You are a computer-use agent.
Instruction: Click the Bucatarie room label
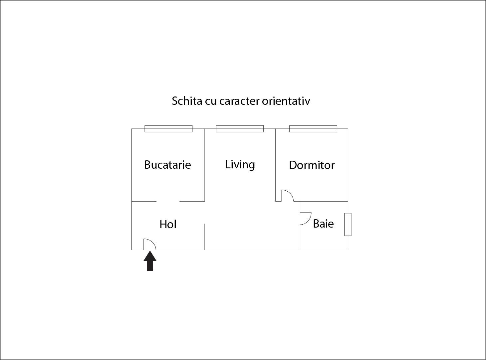pyautogui.click(x=168, y=165)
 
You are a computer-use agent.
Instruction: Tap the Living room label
pyautogui.click(x=240, y=165)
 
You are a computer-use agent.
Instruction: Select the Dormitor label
pyautogui.click(x=312, y=165)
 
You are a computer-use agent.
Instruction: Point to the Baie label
pyautogui.click(x=324, y=224)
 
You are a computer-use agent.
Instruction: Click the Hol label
pyautogui.click(x=168, y=224)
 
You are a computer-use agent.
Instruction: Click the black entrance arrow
pyautogui.click(x=150, y=261)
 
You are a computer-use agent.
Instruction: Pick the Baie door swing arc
pyautogui.click(x=308, y=221)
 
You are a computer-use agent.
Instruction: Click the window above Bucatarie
pyautogui.click(x=168, y=129)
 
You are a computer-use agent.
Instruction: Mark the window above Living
pyautogui.click(x=240, y=129)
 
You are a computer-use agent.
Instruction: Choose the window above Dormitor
pyautogui.click(x=313, y=129)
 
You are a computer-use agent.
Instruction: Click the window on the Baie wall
pyautogui.click(x=348, y=225)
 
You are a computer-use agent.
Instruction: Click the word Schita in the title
pyautogui.click(x=187, y=101)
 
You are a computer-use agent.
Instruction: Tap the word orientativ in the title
pyautogui.click(x=286, y=101)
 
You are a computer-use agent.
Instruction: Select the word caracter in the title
pyautogui.click(x=239, y=101)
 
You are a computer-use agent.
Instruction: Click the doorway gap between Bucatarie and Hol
pyautogui.click(x=168, y=201)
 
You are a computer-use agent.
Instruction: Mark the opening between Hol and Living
pyautogui.click(x=205, y=212)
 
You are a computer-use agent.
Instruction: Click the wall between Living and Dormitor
pyautogui.click(x=275, y=165)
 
